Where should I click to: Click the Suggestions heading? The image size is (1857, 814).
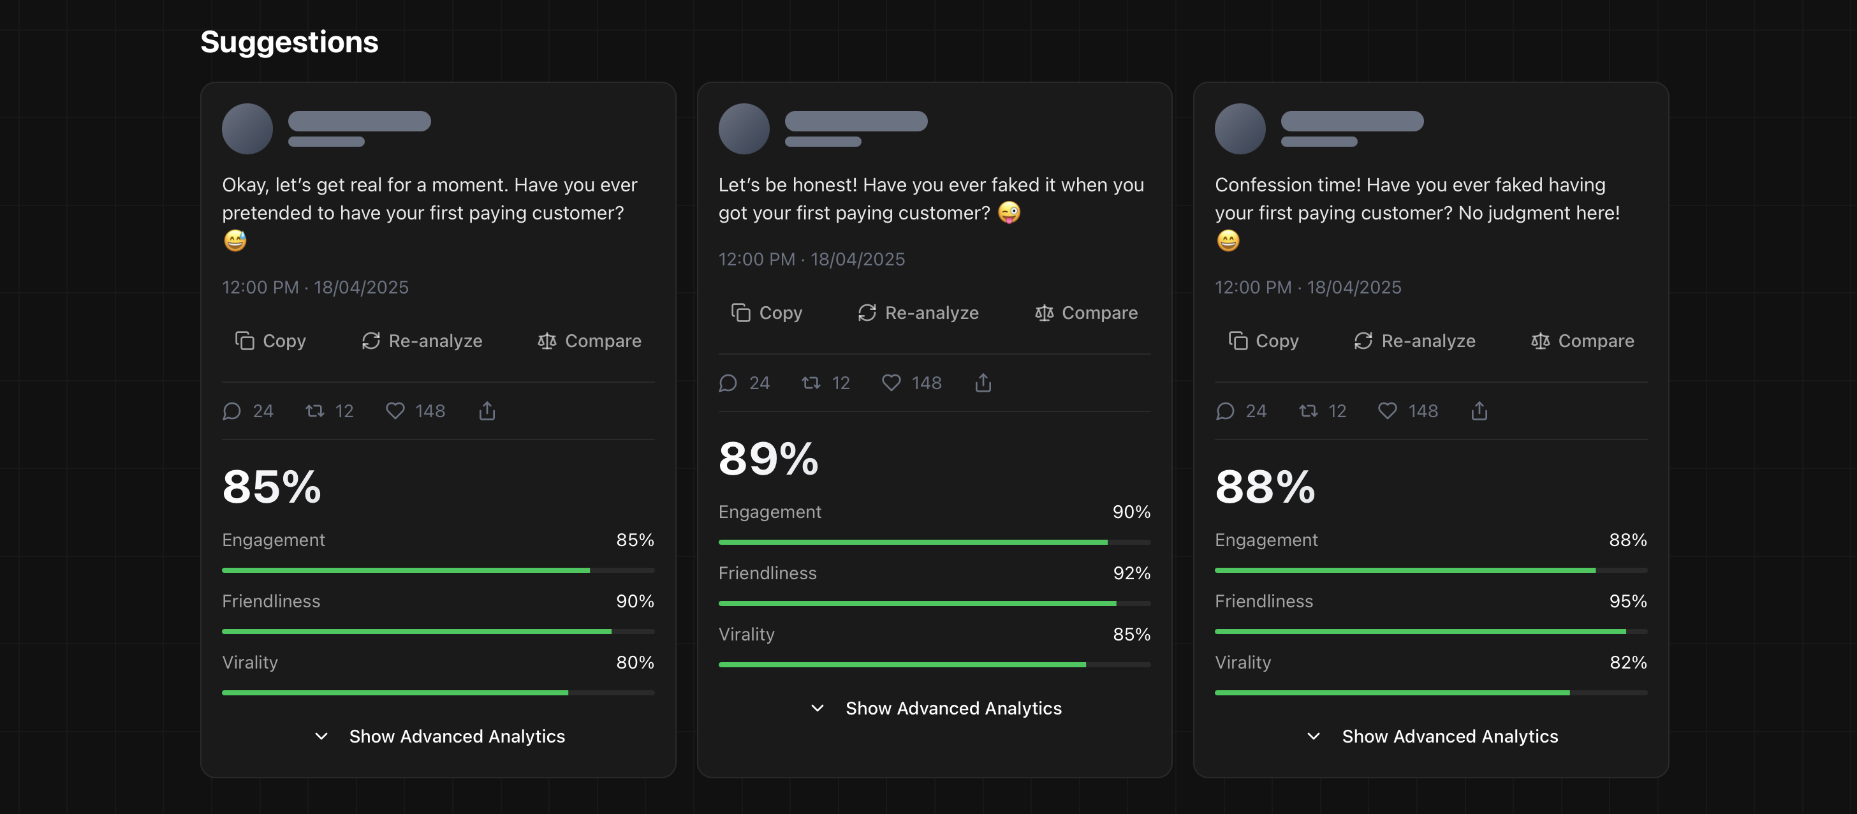[289, 42]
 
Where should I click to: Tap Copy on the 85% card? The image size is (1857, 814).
[270, 341]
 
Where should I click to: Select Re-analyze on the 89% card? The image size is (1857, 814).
[918, 313]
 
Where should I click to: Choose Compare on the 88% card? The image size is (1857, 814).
[1582, 341]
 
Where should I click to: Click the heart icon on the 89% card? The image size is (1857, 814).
[892, 383]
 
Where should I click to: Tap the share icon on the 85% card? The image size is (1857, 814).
[487, 411]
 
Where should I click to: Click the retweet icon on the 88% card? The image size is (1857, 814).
[1309, 411]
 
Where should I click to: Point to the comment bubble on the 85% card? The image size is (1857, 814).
[231, 411]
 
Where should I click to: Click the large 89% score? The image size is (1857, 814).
[768, 459]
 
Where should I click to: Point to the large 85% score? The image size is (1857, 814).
[272, 487]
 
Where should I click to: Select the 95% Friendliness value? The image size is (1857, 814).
[1628, 602]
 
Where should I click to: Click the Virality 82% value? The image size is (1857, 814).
[1628, 663]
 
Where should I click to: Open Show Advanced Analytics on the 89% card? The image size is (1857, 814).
[952, 708]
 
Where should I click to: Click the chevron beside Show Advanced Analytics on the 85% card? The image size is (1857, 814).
[321, 736]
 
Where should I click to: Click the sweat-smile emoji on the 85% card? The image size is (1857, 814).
[235, 240]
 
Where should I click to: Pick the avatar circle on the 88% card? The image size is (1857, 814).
[1240, 128]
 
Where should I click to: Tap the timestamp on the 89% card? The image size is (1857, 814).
[811, 260]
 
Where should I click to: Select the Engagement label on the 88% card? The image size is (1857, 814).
[1266, 540]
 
